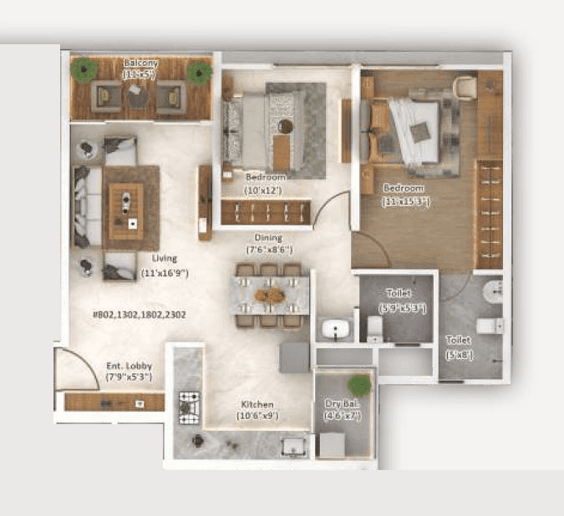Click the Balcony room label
(x=140, y=63)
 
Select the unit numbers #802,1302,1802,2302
(x=138, y=315)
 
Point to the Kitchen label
(x=254, y=404)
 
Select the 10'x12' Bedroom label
(x=265, y=178)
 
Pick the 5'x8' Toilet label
(x=458, y=341)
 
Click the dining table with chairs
(x=269, y=296)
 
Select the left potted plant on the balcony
(x=84, y=72)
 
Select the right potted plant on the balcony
(x=199, y=73)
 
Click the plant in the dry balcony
(x=359, y=385)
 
